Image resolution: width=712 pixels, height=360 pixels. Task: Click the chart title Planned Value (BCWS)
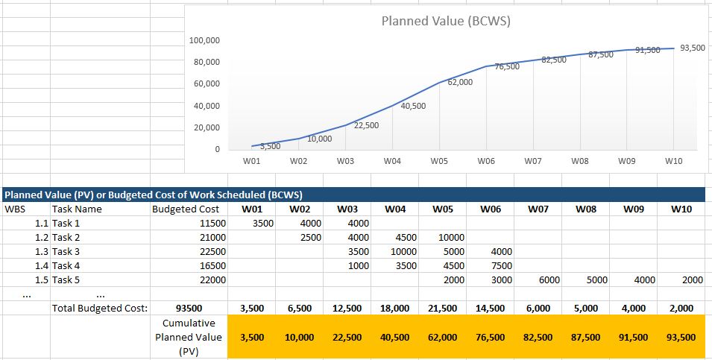click(445, 21)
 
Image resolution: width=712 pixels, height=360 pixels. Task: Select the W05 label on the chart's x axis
click(438, 160)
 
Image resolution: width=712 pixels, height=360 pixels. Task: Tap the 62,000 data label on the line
click(460, 82)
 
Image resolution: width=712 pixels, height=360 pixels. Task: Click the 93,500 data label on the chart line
click(693, 48)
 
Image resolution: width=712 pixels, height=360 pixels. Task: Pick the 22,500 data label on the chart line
click(366, 125)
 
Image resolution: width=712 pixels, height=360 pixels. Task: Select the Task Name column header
click(76, 209)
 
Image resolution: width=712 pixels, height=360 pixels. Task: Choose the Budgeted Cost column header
click(186, 209)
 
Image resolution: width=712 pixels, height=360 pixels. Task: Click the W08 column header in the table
click(586, 209)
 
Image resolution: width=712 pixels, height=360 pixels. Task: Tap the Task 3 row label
click(66, 251)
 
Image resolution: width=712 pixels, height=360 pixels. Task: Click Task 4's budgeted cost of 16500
click(205, 265)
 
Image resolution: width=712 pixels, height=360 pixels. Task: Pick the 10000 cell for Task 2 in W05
click(451, 237)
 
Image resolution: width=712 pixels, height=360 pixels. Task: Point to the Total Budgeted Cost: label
click(99, 308)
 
